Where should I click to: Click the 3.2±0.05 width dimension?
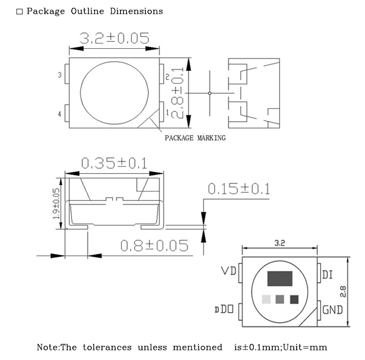coord(114,39)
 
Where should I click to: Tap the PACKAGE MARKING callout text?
coord(195,138)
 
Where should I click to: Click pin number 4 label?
coord(60,114)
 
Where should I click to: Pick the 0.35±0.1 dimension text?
coord(114,163)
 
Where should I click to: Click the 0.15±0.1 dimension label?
coord(239,189)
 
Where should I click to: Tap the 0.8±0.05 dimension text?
coord(154,245)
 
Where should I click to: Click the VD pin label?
coord(228,271)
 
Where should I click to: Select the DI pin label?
coord(327,275)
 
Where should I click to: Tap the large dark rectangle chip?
coord(279,278)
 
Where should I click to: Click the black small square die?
coord(294,299)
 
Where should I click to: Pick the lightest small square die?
coord(266,299)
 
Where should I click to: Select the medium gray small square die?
coord(280,299)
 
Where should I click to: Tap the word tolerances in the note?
coord(107,347)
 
